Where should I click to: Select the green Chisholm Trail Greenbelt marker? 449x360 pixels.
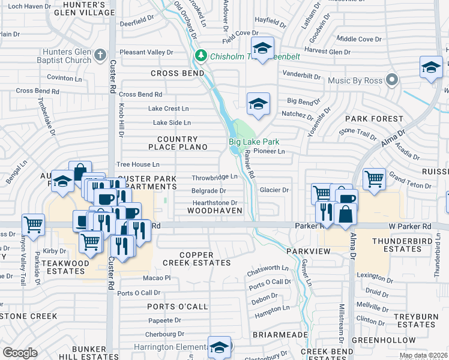(201, 57)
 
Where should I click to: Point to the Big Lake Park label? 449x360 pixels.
(254, 142)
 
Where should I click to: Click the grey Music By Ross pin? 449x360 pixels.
(393, 80)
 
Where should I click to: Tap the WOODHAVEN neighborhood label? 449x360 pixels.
(214, 211)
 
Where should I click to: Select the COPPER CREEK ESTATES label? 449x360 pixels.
(196, 259)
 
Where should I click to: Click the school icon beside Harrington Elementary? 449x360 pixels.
(220, 347)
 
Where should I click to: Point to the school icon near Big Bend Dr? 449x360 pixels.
(258, 103)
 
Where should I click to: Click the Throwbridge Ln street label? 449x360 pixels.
(215, 178)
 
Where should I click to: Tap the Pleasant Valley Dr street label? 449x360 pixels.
(146, 53)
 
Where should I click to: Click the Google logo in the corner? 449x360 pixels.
(20, 353)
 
